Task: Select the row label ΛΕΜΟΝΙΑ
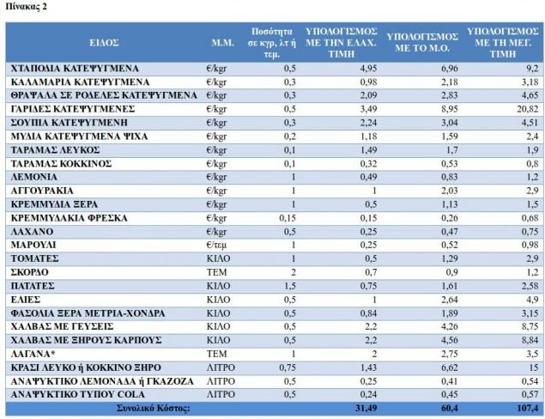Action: click(x=35, y=176)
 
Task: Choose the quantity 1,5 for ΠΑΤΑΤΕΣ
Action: click(x=290, y=285)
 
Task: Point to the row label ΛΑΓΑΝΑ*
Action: click(x=34, y=352)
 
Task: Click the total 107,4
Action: click(x=524, y=408)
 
